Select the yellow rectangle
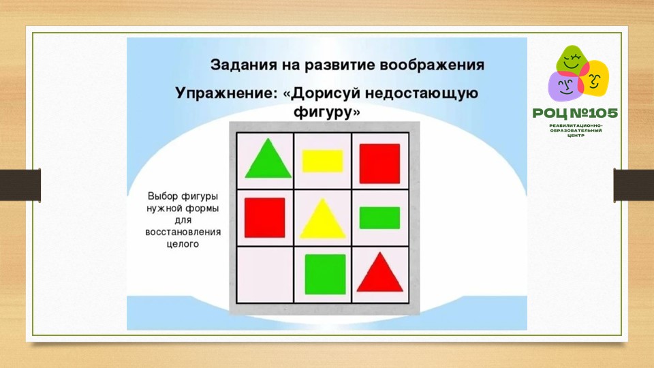click(x=322, y=161)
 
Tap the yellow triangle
click(x=323, y=219)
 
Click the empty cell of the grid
click(x=265, y=275)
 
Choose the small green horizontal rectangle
click(x=379, y=218)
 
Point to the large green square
click(x=326, y=274)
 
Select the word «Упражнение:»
click(x=226, y=93)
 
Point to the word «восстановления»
click(x=183, y=232)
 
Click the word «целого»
click(x=183, y=245)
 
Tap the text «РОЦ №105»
click(x=575, y=113)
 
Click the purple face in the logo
click(x=564, y=86)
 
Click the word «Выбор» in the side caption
click(x=163, y=196)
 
